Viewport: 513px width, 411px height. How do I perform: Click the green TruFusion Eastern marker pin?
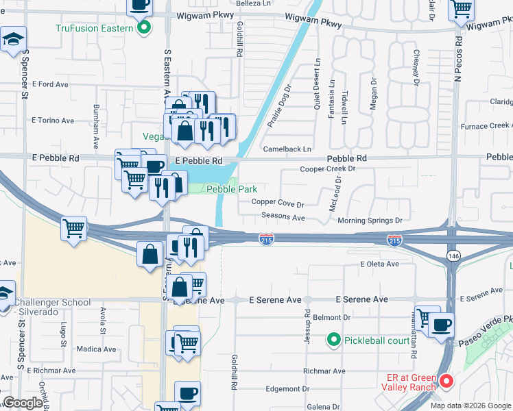pos(144,28)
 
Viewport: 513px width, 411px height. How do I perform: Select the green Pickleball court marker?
pos(333,339)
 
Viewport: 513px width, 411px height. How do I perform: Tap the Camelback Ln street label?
pos(287,149)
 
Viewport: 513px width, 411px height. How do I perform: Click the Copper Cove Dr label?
pos(277,203)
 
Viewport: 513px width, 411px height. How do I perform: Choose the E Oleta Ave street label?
pos(379,264)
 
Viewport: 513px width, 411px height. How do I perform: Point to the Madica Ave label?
pos(96,349)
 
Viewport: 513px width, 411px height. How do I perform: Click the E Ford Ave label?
pos(50,84)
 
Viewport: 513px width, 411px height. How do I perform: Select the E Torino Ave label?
pos(53,121)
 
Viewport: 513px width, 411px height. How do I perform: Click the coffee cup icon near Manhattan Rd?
pos(442,324)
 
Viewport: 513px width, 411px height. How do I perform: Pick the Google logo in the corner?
pos(23,403)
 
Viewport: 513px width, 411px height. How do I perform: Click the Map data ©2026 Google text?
pos(470,406)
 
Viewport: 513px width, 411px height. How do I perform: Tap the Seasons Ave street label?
pos(283,217)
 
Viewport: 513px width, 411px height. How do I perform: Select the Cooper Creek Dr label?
pos(328,169)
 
